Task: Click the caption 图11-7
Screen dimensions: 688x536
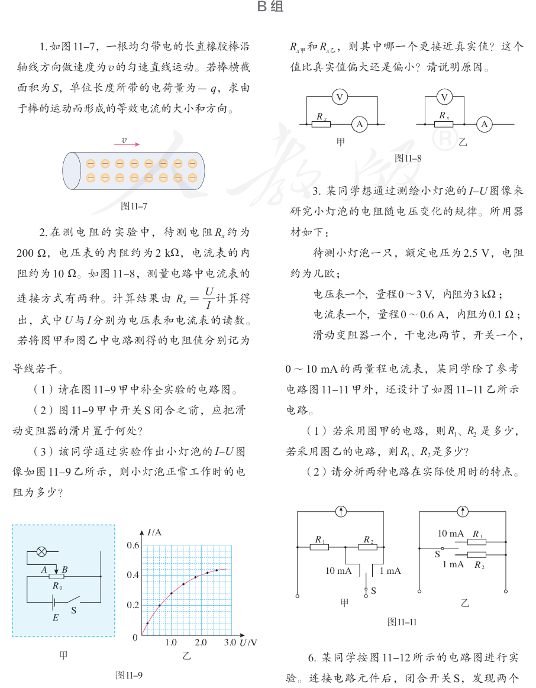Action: click(134, 206)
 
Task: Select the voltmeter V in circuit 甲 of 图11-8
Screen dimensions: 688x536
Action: click(339, 96)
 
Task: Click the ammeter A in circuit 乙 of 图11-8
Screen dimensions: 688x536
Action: click(484, 124)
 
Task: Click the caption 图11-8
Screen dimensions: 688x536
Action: click(408, 158)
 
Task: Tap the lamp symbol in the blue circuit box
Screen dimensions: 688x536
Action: click(42, 551)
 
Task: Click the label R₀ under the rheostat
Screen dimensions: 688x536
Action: click(57, 585)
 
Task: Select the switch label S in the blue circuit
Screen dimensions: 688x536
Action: click(74, 609)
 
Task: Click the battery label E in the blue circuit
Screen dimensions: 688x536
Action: click(56, 618)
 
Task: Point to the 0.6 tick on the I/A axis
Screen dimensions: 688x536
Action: click(133, 545)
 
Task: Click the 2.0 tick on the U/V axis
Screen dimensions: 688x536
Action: click(200, 642)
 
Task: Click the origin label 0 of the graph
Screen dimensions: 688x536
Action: click(135, 637)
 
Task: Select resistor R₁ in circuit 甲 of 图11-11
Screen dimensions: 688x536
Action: click(319, 547)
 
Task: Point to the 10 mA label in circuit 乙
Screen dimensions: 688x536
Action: click(450, 534)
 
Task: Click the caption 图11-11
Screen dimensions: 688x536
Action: click(402, 622)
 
